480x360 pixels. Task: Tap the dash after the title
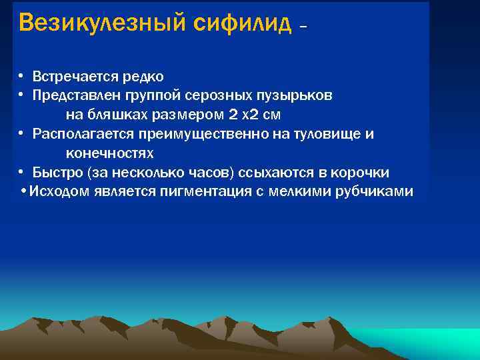coord(304,27)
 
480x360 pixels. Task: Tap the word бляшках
coord(117,115)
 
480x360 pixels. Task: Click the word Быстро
coord(57,173)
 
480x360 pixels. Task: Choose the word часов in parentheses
coord(209,173)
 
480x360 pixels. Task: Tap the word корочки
coord(359,173)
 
